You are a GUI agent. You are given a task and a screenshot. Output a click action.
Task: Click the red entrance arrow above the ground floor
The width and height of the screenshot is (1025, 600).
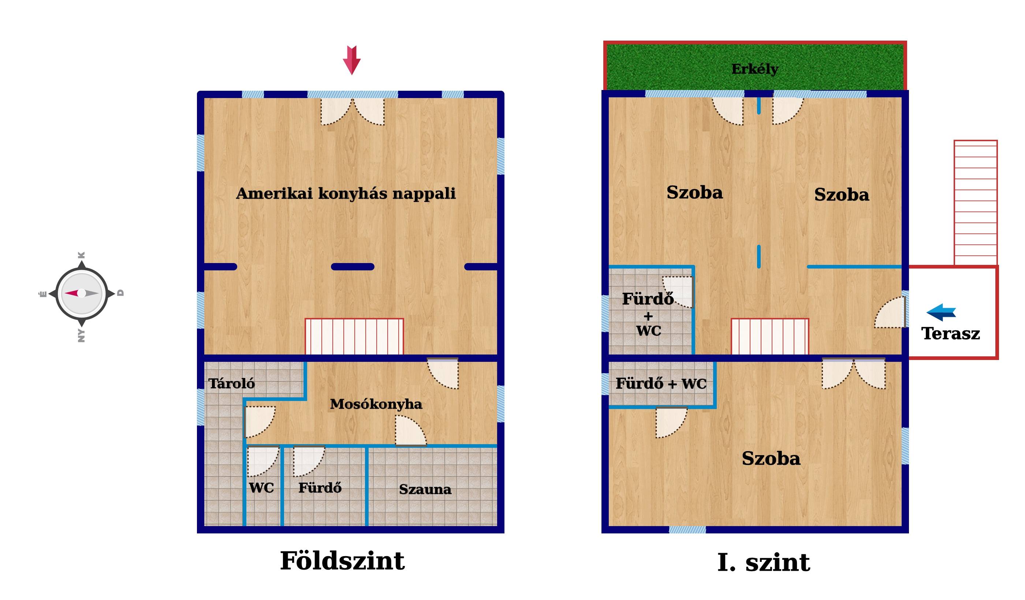(x=352, y=60)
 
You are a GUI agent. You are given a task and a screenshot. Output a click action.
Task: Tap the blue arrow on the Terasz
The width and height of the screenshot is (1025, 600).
(x=941, y=312)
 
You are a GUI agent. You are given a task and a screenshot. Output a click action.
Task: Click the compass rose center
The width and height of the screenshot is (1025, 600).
(x=81, y=293)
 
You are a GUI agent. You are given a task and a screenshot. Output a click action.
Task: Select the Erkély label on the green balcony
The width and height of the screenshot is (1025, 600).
(x=755, y=69)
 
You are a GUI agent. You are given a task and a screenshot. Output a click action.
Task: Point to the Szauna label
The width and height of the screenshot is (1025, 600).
(x=425, y=489)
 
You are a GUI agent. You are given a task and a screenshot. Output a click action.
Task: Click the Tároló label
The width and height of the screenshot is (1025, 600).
(x=231, y=383)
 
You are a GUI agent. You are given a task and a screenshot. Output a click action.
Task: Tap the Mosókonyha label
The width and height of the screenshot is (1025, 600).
(x=376, y=404)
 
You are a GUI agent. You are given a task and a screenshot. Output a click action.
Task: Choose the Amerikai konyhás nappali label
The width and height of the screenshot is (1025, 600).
(x=346, y=194)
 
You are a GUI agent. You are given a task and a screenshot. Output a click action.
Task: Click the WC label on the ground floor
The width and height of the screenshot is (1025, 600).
(x=261, y=488)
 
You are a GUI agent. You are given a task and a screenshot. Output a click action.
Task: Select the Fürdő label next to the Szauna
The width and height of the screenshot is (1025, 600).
(x=320, y=487)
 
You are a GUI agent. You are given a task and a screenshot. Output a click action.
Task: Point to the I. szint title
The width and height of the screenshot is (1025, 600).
(x=764, y=563)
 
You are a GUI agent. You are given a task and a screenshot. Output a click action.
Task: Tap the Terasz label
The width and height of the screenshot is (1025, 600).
(x=951, y=333)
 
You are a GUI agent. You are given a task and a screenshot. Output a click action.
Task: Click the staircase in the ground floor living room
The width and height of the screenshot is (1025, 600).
(x=354, y=336)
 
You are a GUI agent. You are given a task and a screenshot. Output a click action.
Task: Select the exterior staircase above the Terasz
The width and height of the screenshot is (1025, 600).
(x=975, y=203)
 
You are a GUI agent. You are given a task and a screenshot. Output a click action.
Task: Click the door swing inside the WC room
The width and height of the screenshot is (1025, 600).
(x=263, y=461)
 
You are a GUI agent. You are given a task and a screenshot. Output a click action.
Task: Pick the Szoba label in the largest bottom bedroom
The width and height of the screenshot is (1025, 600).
(x=771, y=458)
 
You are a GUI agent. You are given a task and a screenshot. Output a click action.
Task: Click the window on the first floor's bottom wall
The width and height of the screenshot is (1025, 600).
(x=687, y=529)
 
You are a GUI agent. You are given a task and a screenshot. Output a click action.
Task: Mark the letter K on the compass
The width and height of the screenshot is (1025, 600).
(x=81, y=255)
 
